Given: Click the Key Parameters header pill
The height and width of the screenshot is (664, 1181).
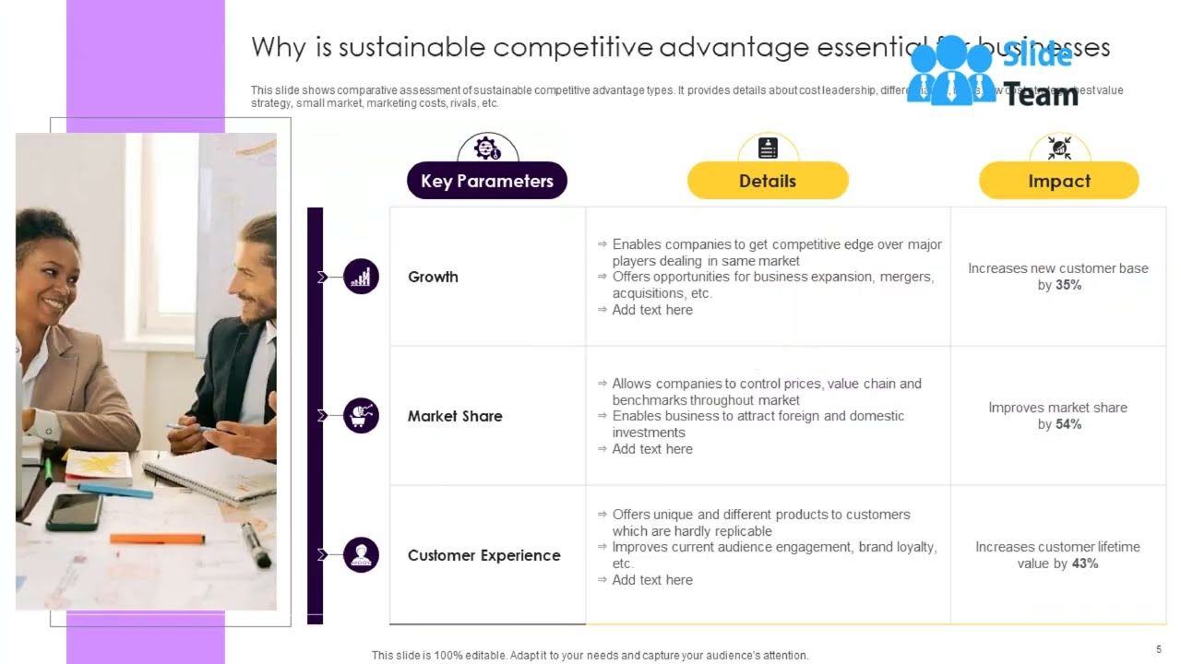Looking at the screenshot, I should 487,181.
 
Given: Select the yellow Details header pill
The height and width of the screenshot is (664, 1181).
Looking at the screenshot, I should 768,181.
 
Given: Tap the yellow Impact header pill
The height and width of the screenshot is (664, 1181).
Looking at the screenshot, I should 1059,181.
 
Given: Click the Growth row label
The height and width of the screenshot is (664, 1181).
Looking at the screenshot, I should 433,277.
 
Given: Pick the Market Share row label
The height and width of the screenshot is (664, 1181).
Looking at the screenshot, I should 455,416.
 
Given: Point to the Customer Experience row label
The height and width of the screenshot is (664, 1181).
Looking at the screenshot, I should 483,555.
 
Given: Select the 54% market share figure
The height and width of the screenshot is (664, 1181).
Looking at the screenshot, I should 1068,424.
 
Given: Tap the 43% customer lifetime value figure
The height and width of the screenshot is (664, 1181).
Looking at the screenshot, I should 1085,563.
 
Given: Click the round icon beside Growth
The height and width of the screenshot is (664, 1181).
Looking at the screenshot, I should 361,277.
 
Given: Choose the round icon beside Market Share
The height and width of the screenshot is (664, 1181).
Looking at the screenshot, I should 361,416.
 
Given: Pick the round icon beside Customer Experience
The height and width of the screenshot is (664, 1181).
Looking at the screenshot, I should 361,555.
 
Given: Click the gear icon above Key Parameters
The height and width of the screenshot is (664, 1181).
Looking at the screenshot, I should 487,148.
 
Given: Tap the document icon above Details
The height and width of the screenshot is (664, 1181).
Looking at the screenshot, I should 768,148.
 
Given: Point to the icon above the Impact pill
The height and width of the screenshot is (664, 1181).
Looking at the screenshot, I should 1059,148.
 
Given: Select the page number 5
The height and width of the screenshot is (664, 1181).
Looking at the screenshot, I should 1159,649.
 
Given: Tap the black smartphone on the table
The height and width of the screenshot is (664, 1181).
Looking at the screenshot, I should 74,511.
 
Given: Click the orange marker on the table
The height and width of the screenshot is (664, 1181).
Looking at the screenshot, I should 157,539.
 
